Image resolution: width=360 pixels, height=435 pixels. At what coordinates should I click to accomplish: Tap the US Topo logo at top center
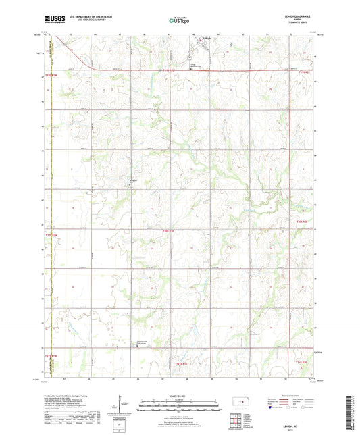(x=178, y=20)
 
